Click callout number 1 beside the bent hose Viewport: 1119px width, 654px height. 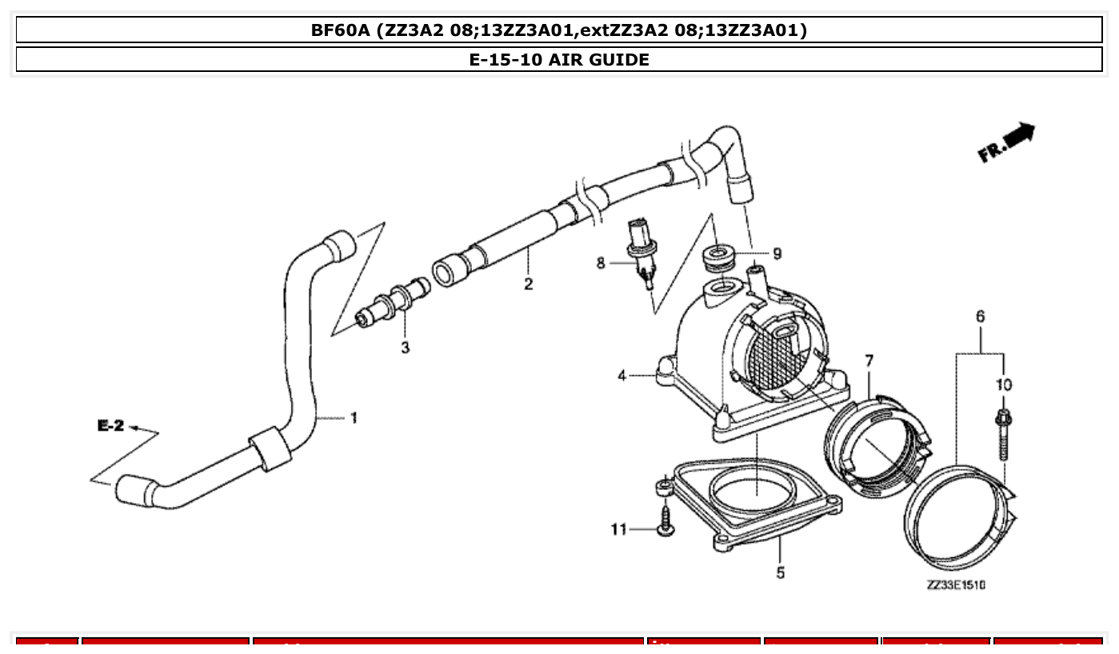point(353,417)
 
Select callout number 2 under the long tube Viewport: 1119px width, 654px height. point(528,284)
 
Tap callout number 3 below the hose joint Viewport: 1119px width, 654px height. point(406,348)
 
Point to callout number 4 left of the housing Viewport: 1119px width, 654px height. point(622,374)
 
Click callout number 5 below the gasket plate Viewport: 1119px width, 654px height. point(780,572)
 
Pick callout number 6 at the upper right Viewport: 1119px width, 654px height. point(980,317)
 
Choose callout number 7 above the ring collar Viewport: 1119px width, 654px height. point(869,362)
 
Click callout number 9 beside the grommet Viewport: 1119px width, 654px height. point(777,254)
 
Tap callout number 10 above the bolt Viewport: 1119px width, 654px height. point(1003,385)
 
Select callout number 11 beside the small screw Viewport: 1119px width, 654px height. point(619,529)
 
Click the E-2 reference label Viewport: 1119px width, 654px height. point(110,426)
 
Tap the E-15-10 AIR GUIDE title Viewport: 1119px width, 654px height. point(558,60)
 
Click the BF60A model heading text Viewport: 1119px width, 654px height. point(558,30)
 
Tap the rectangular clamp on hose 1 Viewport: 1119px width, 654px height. point(270,449)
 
